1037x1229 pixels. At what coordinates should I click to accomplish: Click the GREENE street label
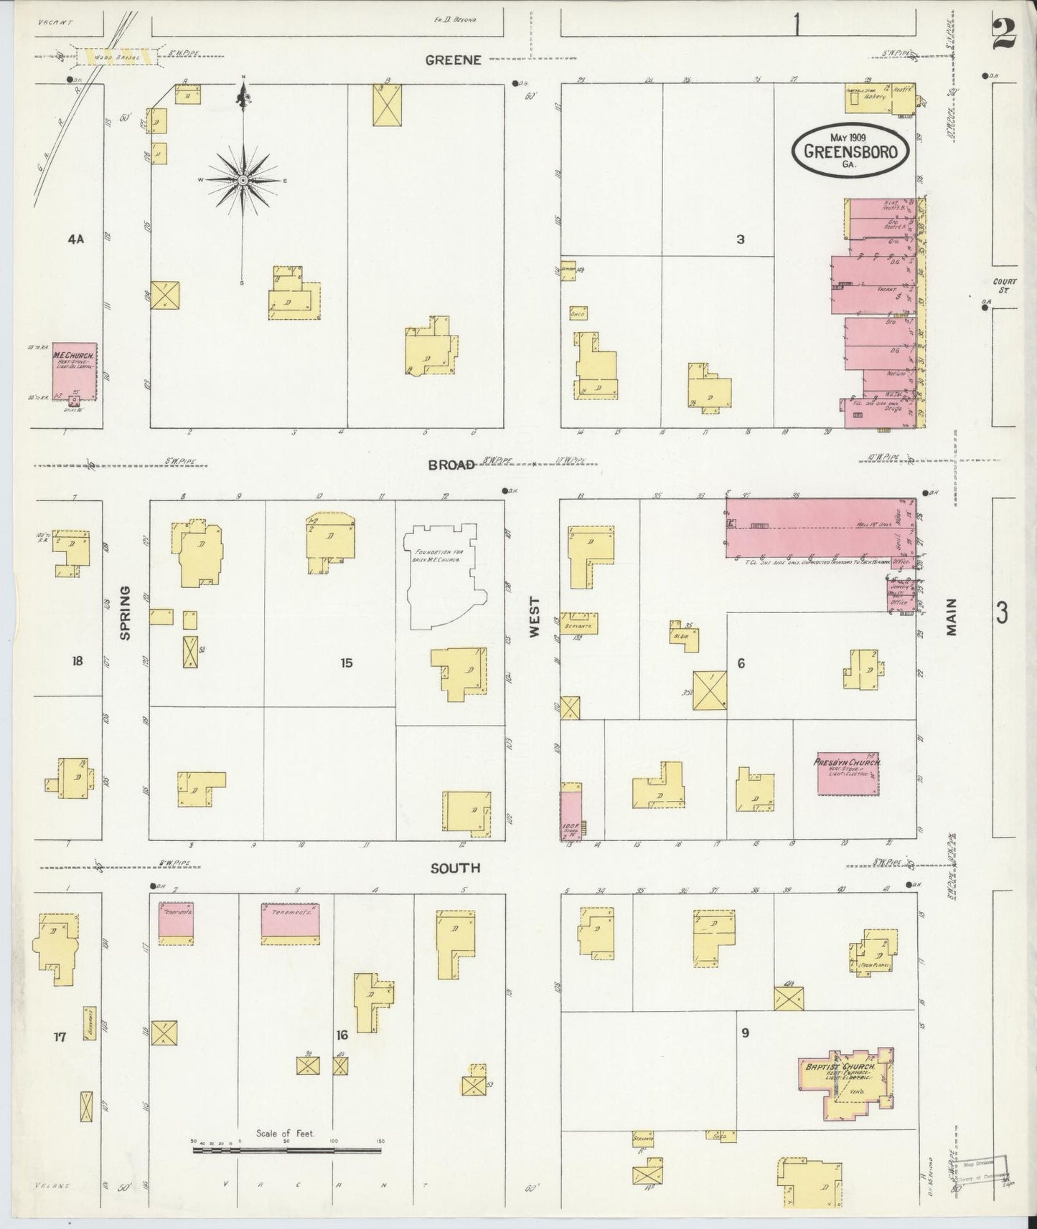[452, 60]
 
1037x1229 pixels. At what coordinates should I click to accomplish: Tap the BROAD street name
[451, 465]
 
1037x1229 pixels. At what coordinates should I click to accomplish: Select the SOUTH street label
[455, 868]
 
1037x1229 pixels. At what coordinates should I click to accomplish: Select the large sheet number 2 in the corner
[1004, 32]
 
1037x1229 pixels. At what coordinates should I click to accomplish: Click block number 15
[347, 663]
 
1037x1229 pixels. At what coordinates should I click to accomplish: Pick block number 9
[746, 1033]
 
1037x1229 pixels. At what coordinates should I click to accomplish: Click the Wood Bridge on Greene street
[116, 55]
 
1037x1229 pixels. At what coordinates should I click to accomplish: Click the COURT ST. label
[1002, 285]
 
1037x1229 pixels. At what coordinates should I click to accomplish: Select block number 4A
[75, 239]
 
